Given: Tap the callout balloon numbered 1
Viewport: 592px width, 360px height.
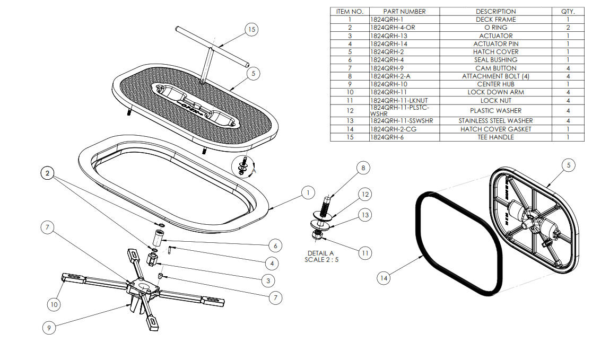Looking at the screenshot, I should [308, 193].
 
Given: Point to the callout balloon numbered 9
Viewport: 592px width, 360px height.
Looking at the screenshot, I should [49, 328].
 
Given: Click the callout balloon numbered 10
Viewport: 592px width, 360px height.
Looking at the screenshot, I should [54, 304].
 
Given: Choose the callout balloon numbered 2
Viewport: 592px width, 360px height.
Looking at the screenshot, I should [48, 173].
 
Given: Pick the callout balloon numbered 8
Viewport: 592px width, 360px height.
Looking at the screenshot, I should [363, 169].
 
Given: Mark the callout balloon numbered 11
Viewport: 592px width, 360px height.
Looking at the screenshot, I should [364, 253].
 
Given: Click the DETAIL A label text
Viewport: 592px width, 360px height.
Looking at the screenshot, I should [320, 253].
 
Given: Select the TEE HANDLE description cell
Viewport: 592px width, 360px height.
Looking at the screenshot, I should [495, 137].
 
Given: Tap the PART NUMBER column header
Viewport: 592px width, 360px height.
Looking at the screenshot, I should [404, 11].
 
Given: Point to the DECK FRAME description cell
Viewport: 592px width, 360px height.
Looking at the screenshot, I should [495, 20].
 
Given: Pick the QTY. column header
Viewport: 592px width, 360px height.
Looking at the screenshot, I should [568, 11].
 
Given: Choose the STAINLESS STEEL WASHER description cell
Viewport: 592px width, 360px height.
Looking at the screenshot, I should [495, 121].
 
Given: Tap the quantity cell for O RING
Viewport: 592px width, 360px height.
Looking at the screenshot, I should [568, 28].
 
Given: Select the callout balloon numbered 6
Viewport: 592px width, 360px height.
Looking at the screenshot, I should [275, 245].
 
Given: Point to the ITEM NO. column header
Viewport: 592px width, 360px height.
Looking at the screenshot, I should [350, 11].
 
